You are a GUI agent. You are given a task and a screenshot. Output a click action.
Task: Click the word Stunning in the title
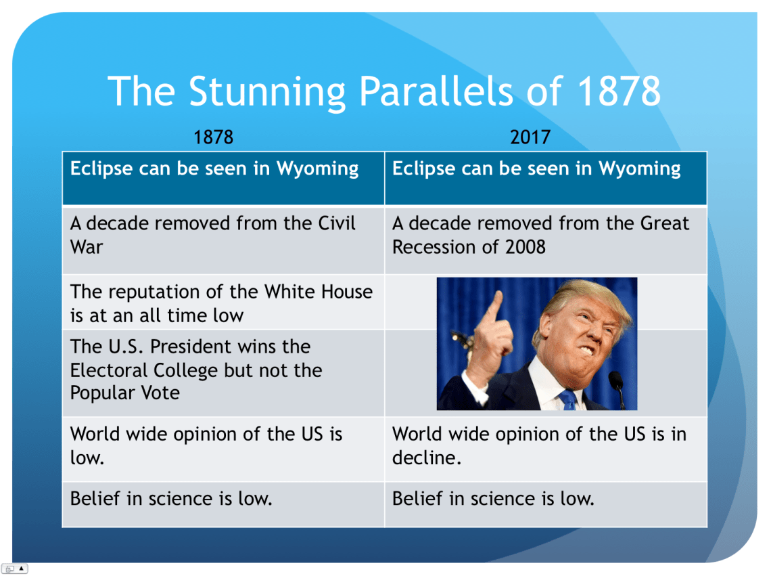(268, 92)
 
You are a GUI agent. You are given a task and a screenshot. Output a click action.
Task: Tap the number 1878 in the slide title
(619, 91)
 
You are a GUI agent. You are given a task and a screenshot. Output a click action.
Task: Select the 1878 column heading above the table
(213, 137)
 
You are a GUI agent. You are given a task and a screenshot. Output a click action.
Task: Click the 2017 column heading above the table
(530, 137)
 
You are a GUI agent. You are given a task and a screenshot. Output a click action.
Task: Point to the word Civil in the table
(336, 223)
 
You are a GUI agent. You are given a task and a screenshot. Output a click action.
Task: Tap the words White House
(318, 292)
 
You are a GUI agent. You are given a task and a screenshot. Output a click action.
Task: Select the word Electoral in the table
(109, 370)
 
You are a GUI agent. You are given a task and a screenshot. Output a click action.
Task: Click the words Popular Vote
(125, 393)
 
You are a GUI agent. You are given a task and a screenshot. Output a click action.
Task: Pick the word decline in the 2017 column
(426, 458)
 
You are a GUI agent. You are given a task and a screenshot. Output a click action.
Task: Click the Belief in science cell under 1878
(223, 505)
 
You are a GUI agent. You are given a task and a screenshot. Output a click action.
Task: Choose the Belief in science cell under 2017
(545, 505)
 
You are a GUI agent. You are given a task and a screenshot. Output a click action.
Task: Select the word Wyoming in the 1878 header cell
(317, 169)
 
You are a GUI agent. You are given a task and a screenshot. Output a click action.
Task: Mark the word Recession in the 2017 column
(434, 246)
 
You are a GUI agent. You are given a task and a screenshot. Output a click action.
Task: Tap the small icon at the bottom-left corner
(14, 569)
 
